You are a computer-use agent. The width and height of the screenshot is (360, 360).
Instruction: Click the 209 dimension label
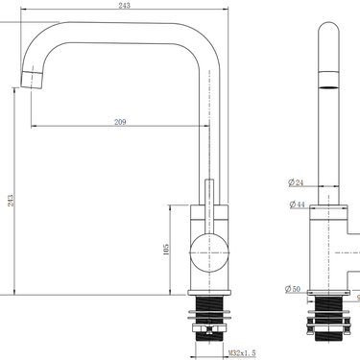120,122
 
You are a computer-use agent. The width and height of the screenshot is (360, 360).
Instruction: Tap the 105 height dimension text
166,250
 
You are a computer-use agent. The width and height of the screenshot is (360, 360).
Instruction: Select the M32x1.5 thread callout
242,353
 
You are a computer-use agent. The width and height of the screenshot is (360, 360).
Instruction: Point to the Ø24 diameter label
296,182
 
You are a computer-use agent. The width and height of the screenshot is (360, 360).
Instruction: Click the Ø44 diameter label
297,204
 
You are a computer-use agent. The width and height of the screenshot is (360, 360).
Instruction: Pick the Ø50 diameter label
293,289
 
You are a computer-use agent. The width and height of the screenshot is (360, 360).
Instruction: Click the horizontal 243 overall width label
125,6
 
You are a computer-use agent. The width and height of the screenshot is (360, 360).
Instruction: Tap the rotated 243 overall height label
11,201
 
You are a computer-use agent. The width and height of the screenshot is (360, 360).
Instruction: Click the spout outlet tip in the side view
32,79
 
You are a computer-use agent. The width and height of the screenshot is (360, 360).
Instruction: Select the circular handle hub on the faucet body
209,252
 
